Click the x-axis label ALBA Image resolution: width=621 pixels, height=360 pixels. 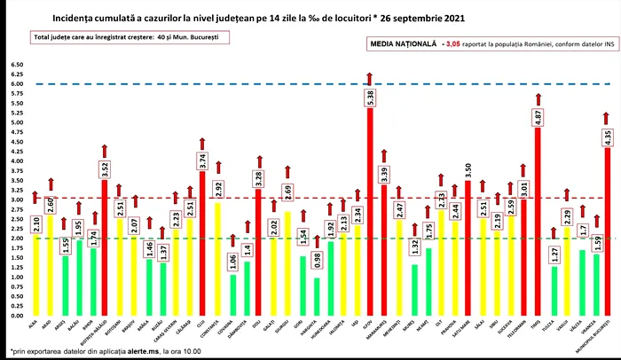pyautogui.click(x=34, y=326)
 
